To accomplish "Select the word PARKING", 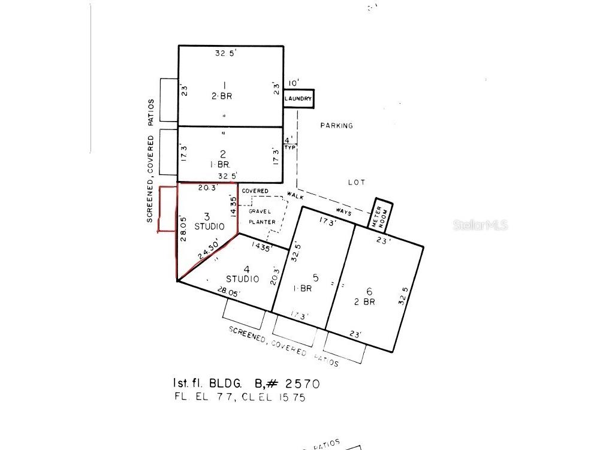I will (336, 126).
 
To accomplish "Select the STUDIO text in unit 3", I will (210, 226).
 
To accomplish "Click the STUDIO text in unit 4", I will (242, 279).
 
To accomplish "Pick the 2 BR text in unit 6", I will (364, 302).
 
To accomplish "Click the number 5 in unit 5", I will (315, 277).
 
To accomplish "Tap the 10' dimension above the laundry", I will (293, 83).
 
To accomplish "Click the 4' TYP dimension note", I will (290, 143).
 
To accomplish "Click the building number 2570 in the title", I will (303, 383).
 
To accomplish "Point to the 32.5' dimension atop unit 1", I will (226, 53).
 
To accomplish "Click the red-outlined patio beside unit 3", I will (167, 209).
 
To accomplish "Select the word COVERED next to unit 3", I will (255, 191).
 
